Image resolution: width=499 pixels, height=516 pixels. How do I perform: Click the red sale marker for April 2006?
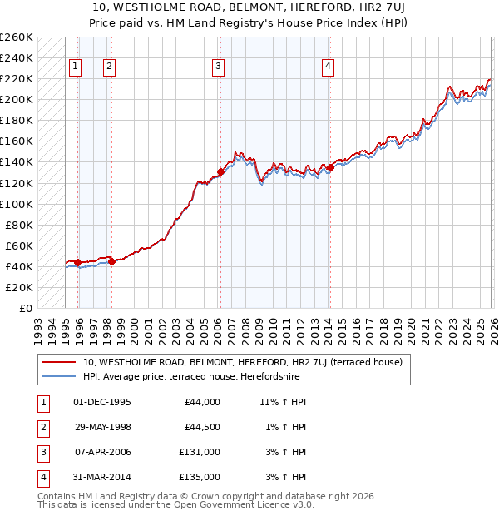(220, 171)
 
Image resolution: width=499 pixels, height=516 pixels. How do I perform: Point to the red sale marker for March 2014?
(330, 167)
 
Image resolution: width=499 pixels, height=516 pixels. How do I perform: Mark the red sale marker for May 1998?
(111, 261)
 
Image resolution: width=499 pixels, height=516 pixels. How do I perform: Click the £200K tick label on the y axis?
(17, 99)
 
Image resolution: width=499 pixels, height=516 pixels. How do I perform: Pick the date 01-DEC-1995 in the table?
(102, 402)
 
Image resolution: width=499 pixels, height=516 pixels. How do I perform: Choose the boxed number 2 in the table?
(42, 427)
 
